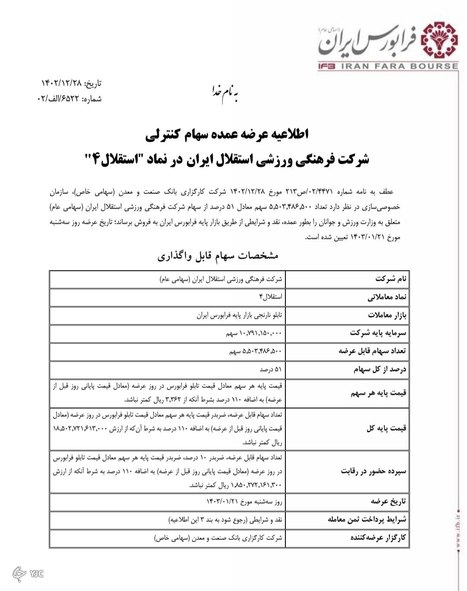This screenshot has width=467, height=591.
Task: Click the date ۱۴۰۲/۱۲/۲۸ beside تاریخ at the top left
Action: click(61, 83)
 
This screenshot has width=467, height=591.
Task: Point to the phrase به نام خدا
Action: click(225, 93)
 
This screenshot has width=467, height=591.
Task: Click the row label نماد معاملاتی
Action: click(387, 297)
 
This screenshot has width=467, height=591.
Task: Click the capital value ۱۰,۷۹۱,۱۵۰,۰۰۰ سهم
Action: click(253, 333)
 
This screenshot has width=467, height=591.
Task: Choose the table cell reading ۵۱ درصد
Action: click(271, 369)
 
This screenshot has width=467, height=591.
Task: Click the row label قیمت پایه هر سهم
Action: click(378, 393)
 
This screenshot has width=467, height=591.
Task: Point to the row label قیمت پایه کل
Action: click(386, 429)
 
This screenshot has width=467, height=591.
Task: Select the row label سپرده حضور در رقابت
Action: click(374, 471)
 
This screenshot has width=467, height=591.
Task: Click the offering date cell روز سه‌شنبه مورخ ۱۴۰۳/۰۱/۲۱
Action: click(244, 502)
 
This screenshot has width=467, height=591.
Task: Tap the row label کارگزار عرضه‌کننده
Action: click(378, 538)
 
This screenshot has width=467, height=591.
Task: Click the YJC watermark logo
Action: click(29, 573)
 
